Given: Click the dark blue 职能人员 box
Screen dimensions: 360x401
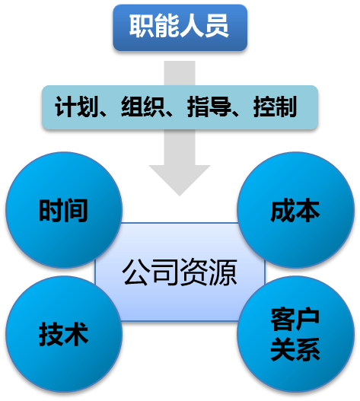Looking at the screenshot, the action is coord(180,27).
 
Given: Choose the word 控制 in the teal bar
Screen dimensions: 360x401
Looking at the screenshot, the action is coord(275,107).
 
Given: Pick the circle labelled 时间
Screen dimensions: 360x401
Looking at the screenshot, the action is coord(64,210).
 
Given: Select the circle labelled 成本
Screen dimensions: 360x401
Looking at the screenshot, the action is coord(295,210).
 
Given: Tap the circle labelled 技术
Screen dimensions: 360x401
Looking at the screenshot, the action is coord(64,334).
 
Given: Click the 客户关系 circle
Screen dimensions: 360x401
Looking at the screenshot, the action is coord(295,334).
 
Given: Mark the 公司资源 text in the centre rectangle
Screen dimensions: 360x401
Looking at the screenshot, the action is coord(180,272).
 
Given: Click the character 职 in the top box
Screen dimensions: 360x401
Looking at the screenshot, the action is coord(142,26).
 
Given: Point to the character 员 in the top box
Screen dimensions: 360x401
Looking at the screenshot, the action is coord(216,26).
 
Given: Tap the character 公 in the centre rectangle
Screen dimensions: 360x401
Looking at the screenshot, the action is coord(136,272).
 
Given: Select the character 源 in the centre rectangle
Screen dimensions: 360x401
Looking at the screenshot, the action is coord(223,272).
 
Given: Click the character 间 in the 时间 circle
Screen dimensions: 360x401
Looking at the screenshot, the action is coord(76,210).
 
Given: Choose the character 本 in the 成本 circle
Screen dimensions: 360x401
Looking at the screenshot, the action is coord(307,210).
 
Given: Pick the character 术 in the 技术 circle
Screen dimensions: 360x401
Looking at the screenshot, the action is coord(76,334).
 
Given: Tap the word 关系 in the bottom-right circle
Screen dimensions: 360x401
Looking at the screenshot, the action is coord(295,349).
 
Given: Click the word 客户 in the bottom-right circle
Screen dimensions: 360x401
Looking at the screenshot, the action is coord(295,320).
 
